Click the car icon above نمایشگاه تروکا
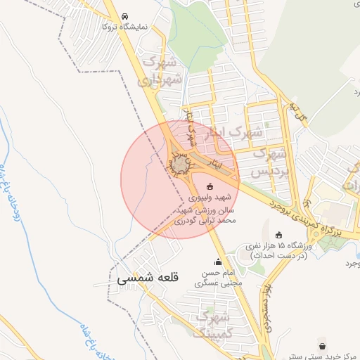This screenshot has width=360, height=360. click(x=125, y=16)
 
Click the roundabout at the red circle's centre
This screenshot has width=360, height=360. click(x=181, y=165)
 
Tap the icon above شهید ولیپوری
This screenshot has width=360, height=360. click(x=209, y=187)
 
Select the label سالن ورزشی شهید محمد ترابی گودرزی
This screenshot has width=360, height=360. click(x=207, y=215)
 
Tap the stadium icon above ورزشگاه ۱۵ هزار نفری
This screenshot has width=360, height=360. click(x=279, y=235)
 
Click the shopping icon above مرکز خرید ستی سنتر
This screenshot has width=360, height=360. click(x=322, y=347)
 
